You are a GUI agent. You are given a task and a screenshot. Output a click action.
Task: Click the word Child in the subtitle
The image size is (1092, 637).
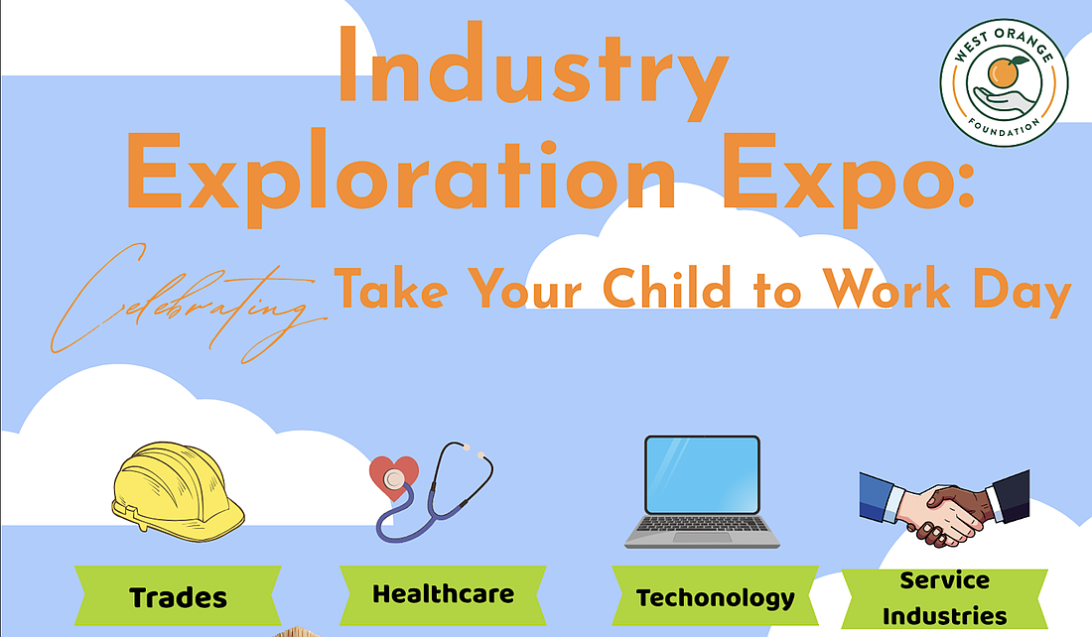pos(667,288)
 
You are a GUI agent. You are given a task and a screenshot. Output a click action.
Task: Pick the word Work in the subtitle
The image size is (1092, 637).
pos(887,288)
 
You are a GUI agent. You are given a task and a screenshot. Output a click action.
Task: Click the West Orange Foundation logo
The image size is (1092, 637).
pos(1004,82)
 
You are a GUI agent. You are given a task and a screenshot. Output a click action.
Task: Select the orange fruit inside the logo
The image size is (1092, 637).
pos(1004,72)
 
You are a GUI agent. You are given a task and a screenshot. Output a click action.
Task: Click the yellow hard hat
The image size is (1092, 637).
pos(179,491)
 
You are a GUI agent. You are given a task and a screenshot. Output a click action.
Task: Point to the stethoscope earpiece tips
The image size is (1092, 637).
pos(474,450)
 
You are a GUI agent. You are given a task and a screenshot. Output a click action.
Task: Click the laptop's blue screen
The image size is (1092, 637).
pos(702,475)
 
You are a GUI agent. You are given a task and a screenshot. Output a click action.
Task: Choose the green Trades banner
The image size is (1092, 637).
pos(179,596)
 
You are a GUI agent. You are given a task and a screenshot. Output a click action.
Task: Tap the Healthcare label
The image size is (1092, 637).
pos(443,594)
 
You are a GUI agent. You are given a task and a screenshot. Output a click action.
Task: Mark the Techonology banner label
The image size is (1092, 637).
pos(715,596)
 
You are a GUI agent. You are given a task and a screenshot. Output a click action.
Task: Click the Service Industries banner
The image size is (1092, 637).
pos(944,598)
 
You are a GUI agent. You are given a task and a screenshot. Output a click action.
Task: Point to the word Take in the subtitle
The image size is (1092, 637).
pos(391,288)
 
